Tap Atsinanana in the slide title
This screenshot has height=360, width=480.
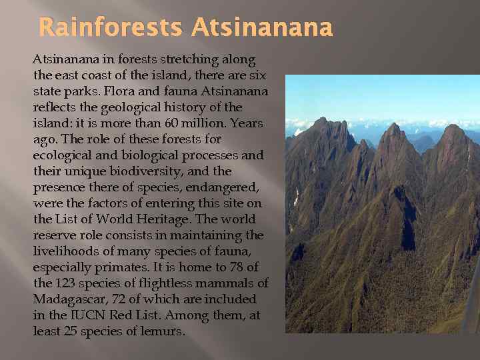(261, 28)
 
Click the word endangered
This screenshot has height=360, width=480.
(211, 187)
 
